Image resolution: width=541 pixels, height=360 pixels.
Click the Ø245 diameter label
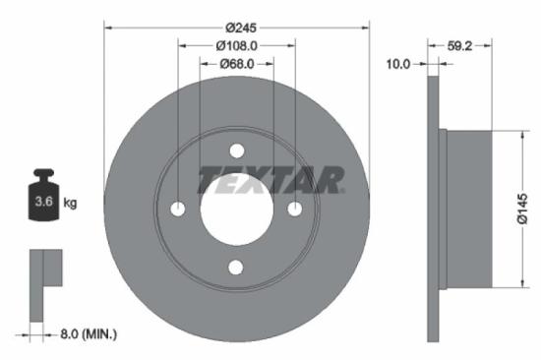tap(237, 12)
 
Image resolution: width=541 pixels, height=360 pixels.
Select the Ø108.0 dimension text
tap(237, 44)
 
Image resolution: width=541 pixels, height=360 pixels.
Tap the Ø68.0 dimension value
tap(237, 64)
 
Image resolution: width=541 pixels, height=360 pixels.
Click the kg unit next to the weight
tap(70, 203)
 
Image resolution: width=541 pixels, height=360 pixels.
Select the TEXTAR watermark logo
tap(270, 180)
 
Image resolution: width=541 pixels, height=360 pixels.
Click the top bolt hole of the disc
tap(236, 150)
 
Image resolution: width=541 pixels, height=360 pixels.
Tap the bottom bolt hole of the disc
tap(236, 267)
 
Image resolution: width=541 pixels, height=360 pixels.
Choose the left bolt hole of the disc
tap(178, 209)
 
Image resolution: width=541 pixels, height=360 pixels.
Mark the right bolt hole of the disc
tap(294, 209)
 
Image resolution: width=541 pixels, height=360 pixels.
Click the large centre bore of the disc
tap(236, 209)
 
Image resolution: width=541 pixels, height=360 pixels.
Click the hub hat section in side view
tap(467, 210)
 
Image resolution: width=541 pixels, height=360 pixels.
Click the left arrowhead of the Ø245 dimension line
tap(108, 26)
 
